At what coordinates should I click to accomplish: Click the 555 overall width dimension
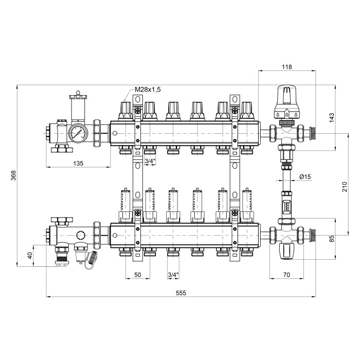(181, 293)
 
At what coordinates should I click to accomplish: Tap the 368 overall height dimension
(13, 175)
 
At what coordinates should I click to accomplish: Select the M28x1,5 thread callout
(148, 89)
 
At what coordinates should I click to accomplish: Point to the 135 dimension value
(78, 164)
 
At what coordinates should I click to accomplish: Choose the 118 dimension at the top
(287, 67)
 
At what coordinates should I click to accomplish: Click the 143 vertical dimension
(332, 118)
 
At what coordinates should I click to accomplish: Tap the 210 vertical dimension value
(345, 187)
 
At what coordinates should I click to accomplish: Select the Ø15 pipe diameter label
(305, 176)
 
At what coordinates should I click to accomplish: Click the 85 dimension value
(332, 238)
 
